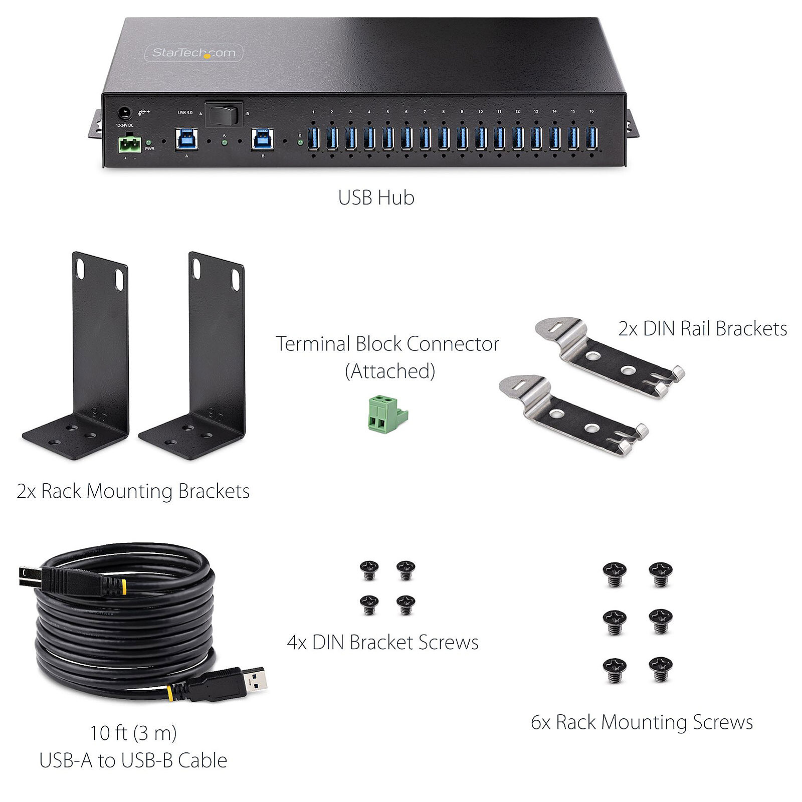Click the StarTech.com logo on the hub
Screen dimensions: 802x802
tap(193, 53)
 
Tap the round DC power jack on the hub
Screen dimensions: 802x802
tap(124, 113)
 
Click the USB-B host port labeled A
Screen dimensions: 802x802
tap(186, 139)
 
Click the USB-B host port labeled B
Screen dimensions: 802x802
tap(263, 139)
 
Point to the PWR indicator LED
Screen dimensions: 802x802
tap(149, 143)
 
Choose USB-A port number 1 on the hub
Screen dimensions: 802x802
tap(313, 139)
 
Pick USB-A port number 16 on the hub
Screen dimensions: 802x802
tap(591, 139)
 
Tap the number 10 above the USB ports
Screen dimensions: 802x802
tap(480, 112)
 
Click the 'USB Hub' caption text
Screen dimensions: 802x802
tap(376, 197)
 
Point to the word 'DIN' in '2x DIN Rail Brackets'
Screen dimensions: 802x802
tap(658, 329)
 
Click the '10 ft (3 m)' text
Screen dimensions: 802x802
tap(133, 733)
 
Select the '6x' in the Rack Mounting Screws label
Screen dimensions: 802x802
tap(541, 723)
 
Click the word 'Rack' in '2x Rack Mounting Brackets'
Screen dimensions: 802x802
tap(62, 491)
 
